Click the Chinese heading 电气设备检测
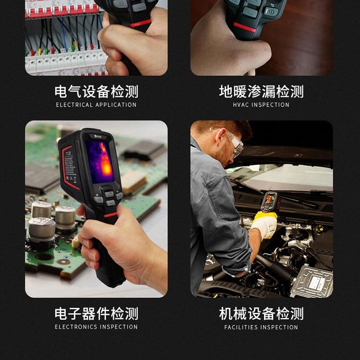click(96, 91)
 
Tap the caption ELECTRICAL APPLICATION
click(96, 105)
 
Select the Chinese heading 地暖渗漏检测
click(261, 91)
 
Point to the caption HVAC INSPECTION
click(261, 105)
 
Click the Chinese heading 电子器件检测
click(96, 313)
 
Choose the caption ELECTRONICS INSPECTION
click(96, 327)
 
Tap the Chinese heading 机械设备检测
click(261, 313)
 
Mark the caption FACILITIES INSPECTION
click(261, 327)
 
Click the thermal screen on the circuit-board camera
click(100, 162)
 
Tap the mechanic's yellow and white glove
click(264, 224)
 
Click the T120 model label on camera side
click(69, 153)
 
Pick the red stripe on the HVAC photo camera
click(244, 27)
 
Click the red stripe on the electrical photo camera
click(141, 23)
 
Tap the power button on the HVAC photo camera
click(271, 11)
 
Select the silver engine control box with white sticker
click(312, 281)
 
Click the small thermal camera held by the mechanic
click(271, 202)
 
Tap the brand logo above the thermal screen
click(98, 136)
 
